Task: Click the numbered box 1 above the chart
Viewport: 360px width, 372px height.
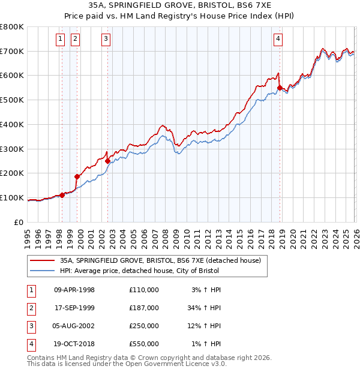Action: (61, 40)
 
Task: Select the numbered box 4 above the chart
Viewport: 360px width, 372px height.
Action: (278, 40)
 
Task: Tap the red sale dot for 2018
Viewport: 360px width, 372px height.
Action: (280, 88)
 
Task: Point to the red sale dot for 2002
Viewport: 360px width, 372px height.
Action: (107, 161)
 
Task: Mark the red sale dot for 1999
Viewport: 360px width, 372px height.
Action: (77, 176)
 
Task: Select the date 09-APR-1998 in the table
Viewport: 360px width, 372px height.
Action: (74, 290)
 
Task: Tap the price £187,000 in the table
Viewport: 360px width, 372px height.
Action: (143, 308)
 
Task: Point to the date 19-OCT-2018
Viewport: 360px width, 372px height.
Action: (74, 344)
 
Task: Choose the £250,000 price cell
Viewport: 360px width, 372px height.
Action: (143, 326)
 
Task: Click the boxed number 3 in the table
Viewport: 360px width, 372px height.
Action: (31, 326)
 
